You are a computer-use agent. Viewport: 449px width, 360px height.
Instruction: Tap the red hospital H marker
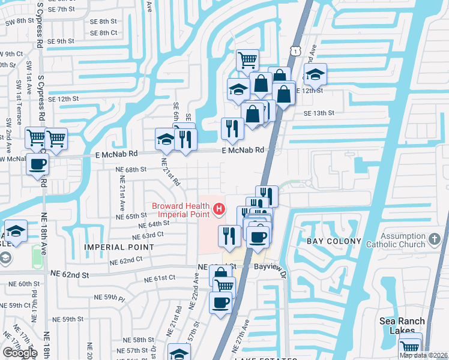pyautogui.click(x=220, y=209)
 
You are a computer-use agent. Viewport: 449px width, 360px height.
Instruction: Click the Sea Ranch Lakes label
pyautogui.click(x=402, y=326)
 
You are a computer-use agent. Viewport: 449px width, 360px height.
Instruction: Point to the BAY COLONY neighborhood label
pyautogui.click(x=334, y=241)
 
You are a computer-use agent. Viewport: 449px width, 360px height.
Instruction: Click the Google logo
pyautogui.click(x=20, y=352)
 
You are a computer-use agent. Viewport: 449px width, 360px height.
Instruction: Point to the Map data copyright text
pyautogui.click(x=423, y=355)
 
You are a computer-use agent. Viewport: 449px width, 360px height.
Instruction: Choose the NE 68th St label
pyautogui.click(x=131, y=170)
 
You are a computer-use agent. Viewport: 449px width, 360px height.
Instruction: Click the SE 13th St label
pyautogui.click(x=318, y=113)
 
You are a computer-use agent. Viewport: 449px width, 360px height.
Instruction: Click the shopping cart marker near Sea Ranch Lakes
pyautogui.click(x=411, y=346)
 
